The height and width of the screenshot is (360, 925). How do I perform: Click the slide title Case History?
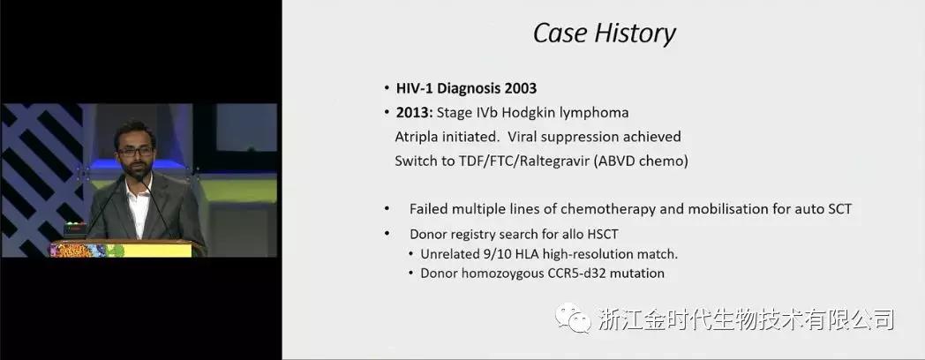[x=604, y=34]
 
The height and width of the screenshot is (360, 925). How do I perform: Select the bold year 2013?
[x=415, y=112]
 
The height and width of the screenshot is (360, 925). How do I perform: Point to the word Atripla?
[x=416, y=137]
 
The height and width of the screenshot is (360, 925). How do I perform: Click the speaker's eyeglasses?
[x=135, y=152]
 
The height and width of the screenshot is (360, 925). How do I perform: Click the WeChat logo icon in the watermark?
[x=573, y=319]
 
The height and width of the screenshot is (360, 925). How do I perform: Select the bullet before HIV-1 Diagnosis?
[x=386, y=88]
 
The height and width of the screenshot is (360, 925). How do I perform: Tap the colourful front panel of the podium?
[x=122, y=251]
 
